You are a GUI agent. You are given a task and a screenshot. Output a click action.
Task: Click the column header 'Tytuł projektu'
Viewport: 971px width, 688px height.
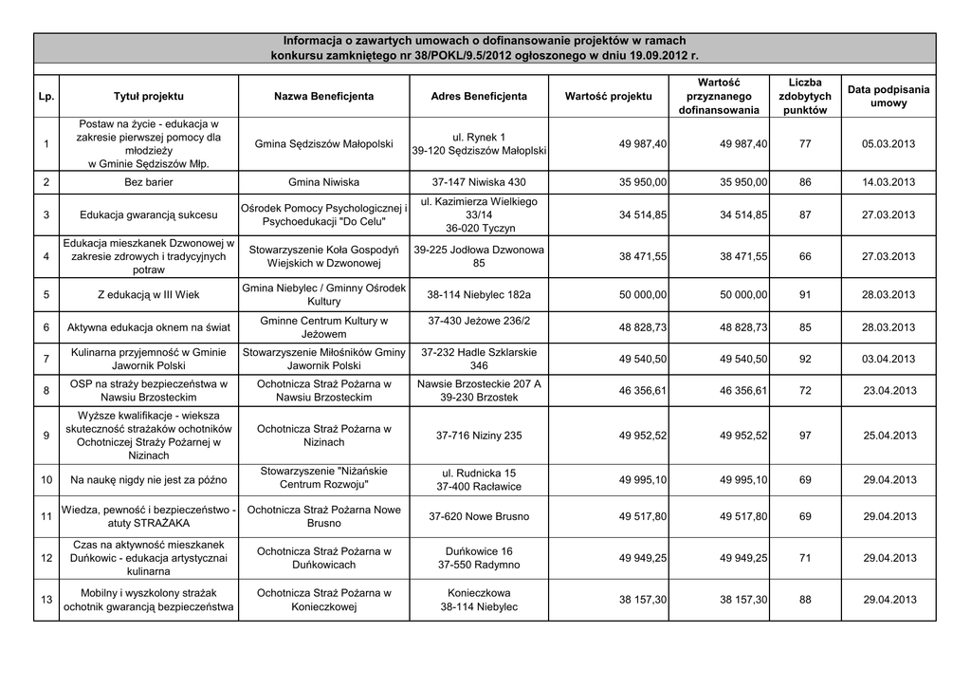coord(149,97)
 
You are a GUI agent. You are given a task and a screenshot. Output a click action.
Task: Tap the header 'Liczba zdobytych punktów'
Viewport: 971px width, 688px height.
coord(804,97)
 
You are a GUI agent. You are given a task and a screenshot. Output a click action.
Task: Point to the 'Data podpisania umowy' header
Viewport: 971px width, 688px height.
coord(889,96)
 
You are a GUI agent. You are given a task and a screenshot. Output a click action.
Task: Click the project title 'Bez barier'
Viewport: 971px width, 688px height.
coord(148,181)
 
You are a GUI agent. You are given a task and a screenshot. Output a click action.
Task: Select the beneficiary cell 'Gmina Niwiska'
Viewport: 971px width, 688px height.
coord(323,181)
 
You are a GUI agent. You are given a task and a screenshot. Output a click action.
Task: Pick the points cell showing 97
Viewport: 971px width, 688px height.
coord(805,436)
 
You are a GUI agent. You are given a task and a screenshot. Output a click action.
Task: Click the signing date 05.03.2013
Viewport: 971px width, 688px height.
coord(889,143)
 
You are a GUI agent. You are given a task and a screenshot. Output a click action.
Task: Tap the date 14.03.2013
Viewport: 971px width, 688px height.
coord(889,181)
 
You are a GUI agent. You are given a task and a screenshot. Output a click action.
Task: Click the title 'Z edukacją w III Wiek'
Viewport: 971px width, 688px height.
coord(148,294)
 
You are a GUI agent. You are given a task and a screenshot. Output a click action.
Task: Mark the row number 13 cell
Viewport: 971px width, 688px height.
coord(46,600)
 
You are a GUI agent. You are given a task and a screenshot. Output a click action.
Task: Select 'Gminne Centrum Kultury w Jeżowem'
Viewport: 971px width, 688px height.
coord(323,327)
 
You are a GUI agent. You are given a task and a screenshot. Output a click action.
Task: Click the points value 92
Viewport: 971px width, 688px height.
coord(805,359)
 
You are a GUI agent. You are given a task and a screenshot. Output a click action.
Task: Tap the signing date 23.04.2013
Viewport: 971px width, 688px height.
coord(889,390)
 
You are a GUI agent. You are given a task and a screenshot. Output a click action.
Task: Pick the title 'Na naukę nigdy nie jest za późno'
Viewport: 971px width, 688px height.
coord(148,480)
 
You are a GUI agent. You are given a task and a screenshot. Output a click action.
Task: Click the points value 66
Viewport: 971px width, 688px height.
coord(805,256)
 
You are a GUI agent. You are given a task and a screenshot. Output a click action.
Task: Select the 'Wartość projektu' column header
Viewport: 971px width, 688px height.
coord(608,97)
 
